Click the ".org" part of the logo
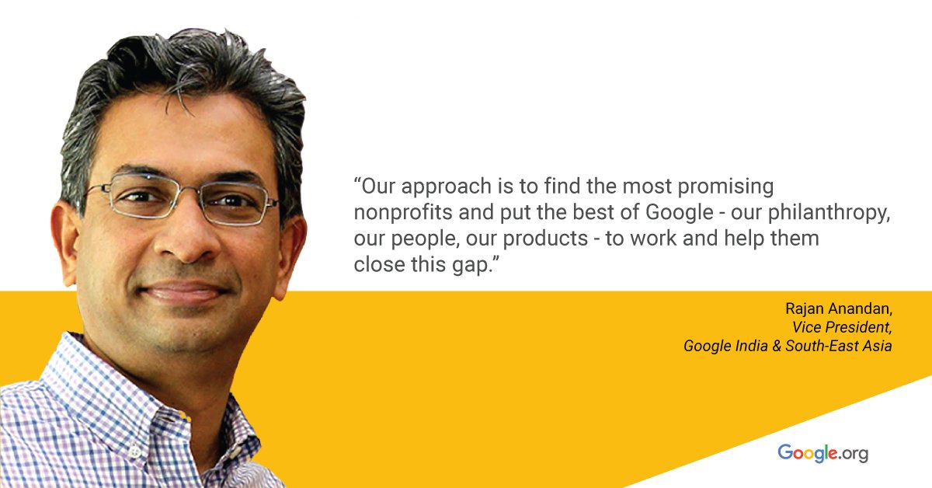(x=854, y=453)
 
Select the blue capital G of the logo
(x=786, y=451)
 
